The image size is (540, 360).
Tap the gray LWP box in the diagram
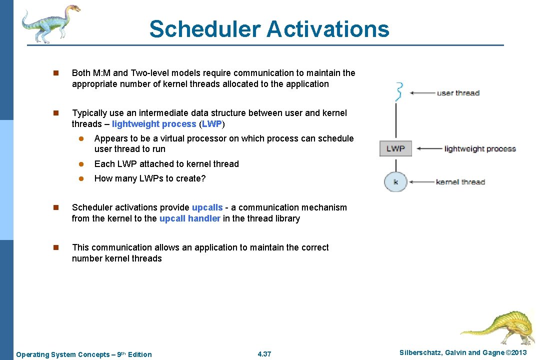[x=395, y=148]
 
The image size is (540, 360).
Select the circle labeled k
[x=395, y=181]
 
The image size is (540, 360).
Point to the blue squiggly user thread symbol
[x=398, y=92]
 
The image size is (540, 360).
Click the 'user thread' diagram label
[x=458, y=93]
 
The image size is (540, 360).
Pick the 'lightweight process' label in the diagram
[x=480, y=149]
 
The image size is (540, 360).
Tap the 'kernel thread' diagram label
[x=460, y=182]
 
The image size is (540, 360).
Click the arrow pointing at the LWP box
[x=428, y=149]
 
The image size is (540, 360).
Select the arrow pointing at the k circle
[x=421, y=182]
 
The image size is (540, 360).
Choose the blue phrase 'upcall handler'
[x=189, y=218]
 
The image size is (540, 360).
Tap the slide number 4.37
[x=264, y=354]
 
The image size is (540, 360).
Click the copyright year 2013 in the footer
[x=516, y=353]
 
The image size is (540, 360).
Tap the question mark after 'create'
[x=203, y=178]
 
